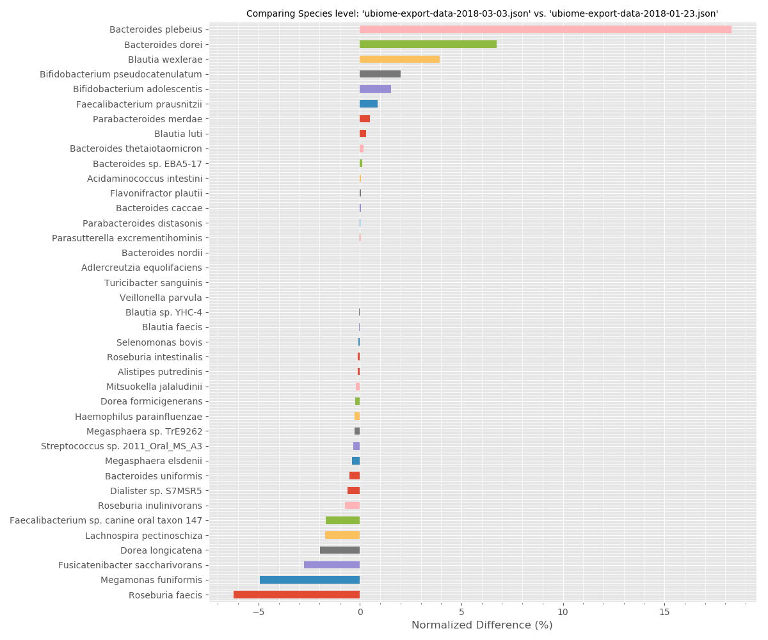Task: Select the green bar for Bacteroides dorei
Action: click(x=428, y=44)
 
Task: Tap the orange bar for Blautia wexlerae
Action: click(x=399, y=59)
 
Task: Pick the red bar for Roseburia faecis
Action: click(x=296, y=595)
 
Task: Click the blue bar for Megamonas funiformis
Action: click(x=310, y=580)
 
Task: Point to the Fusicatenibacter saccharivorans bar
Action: click(x=332, y=565)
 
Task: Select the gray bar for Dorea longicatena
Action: click(x=340, y=550)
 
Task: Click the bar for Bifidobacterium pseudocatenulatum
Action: click(x=380, y=74)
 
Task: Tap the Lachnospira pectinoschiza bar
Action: click(x=342, y=535)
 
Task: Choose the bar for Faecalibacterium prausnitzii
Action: click(x=369, y=104)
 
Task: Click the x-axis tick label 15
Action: click(x=664, y=612)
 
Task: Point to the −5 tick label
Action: click(x=258, y=612)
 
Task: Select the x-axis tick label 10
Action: click(x=563, y=612)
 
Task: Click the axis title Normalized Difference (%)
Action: click(x=482, y=625)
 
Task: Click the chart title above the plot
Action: click(x=482, y=13)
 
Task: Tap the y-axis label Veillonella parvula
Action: click(x=161, y=298)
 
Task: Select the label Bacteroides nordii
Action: click(x=162, y=253)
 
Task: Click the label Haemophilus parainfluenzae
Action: click(x=138, y=417)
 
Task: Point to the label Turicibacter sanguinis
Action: click(x=154, y=283)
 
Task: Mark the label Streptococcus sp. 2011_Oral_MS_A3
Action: click(x=122, y=446)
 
